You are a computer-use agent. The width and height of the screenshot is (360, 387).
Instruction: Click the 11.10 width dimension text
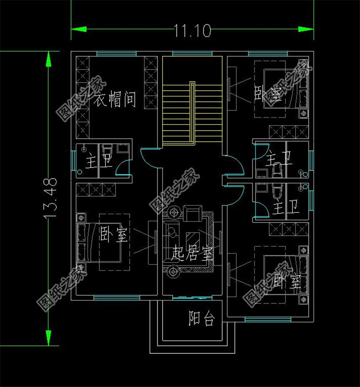192,32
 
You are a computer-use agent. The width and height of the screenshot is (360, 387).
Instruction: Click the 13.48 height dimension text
51,198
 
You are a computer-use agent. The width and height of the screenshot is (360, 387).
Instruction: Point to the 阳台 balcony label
201,319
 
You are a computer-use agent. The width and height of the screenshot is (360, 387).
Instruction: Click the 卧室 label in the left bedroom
114,235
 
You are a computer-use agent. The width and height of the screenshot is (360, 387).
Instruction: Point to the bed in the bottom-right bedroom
283,274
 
